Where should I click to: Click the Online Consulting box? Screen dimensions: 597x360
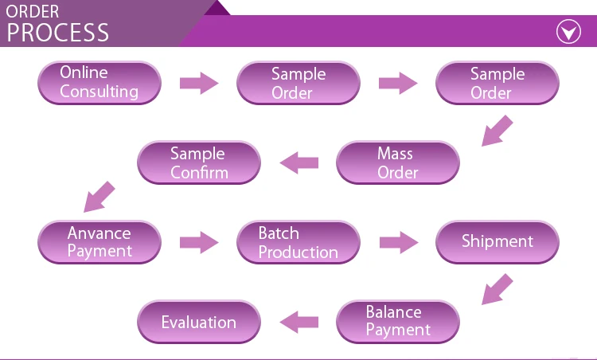click(99, 83)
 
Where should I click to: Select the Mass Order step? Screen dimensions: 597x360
click(398, 162)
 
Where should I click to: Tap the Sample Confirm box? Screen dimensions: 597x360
click(199, 162)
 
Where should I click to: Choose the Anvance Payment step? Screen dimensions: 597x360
click(99, 242)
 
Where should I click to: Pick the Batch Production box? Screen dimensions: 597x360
click(298, 242)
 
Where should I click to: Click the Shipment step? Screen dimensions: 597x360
click(497, 242)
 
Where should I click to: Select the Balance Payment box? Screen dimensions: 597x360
click(398, 322)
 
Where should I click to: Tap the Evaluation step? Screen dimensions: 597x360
click(199, 322)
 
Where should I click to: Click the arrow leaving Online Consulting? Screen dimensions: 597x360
click(199, 83)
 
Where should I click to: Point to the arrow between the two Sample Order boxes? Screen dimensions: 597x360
click(398, 83)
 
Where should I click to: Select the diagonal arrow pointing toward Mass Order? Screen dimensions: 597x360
click(497, 131)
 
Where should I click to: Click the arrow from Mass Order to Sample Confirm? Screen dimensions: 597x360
click(299, 162)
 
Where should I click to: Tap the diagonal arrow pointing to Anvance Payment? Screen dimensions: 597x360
click(99, 197)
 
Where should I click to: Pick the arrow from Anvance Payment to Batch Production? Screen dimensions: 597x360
click(199, 242)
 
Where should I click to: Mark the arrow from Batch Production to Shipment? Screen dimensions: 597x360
click(399, 242)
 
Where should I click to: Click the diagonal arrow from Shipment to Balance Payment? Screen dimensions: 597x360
click(497, 290)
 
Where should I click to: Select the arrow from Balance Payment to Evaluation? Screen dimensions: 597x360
click(299, 322)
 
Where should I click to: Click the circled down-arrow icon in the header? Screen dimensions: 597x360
click(568, 32)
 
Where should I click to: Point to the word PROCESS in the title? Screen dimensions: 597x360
click(58, 33)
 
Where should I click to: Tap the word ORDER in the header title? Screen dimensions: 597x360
click(33, 11)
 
